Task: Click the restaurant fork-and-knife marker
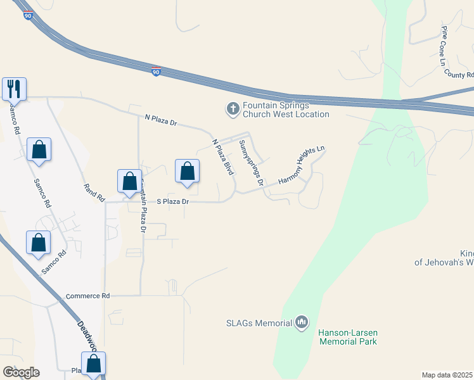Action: [14, 88]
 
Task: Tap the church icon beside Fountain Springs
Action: [233, 110]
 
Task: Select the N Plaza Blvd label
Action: [222, 157]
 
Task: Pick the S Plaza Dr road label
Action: [173, 201]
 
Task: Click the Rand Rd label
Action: [94, 193]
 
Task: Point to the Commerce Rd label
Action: [87, 296]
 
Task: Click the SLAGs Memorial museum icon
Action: [302, 323]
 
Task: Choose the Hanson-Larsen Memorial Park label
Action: [348, 337]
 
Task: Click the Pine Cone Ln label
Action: [444, 46]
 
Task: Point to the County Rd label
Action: [459, 74]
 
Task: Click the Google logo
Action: [21, 372]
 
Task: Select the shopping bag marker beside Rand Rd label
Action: [129, 180]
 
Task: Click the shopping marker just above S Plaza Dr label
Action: [187, 170]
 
